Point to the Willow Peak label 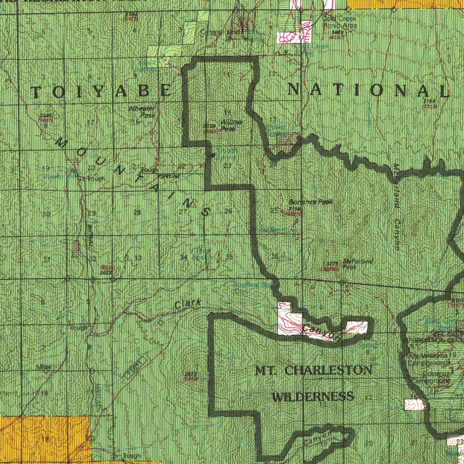(232, 126)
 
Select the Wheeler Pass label (142, 112)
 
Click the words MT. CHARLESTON (314, 371)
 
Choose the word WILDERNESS (313, 397)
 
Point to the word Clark (188, 305)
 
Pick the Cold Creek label (339, 19)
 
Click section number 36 (275, 257)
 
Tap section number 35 (229, 257)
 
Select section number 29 (92, 213)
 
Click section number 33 (138, 258)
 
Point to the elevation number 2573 (190, 373)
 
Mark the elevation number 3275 (332, 263)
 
